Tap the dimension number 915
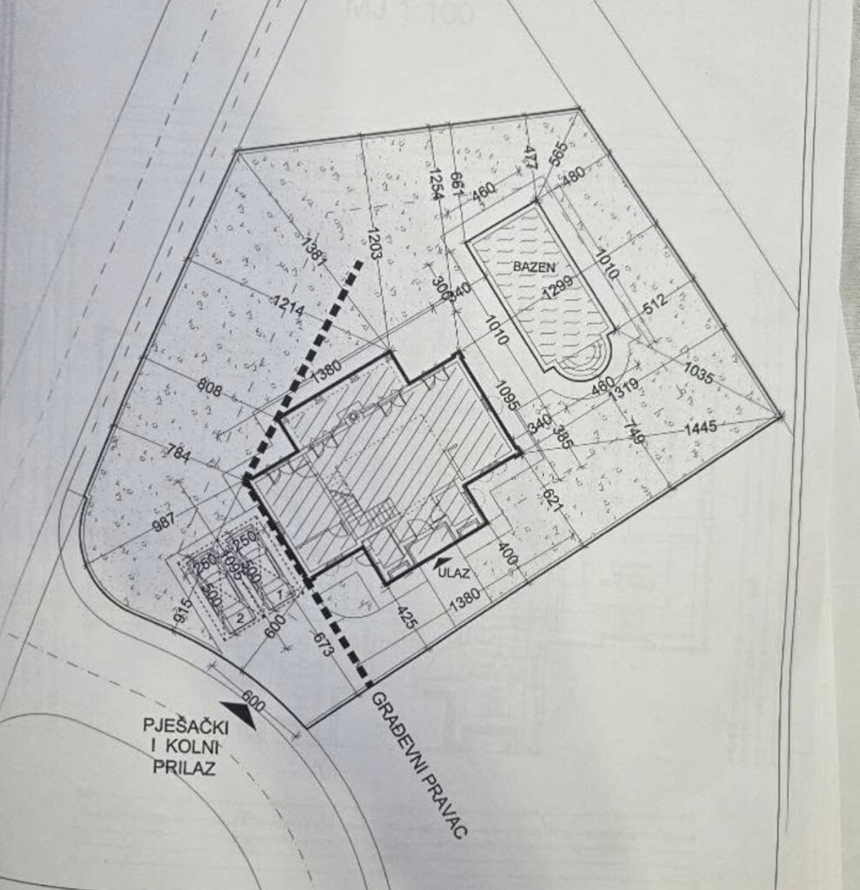coord(182,609)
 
